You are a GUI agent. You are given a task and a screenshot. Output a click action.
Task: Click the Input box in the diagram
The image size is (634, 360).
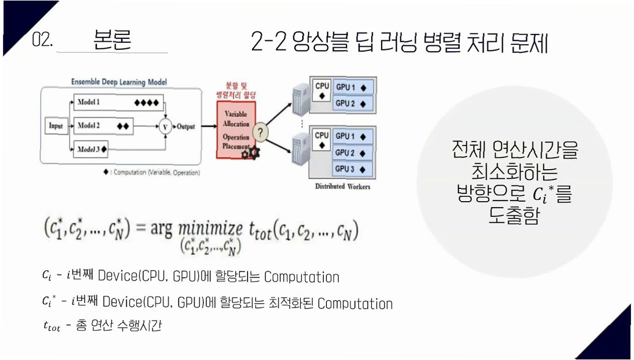[56, 126]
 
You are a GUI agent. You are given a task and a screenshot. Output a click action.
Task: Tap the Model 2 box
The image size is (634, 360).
[103, 126]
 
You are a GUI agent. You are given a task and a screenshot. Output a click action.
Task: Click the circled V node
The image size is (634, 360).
[165, 126]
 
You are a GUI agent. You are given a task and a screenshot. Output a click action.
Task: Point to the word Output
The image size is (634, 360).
[186, 126]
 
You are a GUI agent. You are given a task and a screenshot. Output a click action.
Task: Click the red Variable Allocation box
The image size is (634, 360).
[236, 130]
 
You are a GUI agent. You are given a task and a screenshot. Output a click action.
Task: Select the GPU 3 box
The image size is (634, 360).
[352, 169]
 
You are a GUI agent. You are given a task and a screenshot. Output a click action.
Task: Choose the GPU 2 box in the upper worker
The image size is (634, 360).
[352, 104]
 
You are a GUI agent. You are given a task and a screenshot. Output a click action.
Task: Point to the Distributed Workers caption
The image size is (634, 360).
[343, 187]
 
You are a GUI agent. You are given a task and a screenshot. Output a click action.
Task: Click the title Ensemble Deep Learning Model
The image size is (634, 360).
[119, 81]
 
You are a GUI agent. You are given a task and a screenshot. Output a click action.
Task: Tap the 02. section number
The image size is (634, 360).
[42, 40]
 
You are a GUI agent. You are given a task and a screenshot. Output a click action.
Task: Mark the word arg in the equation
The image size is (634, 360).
[162, 230]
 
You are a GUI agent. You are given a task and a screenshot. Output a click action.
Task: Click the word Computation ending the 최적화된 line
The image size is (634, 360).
[355, 303]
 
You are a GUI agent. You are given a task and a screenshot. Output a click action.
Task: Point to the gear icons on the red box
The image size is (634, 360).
[250, 153]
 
